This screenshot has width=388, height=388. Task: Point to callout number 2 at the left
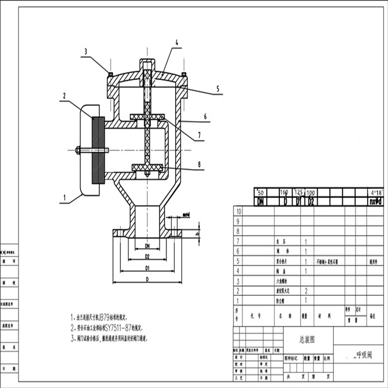click(64, 96)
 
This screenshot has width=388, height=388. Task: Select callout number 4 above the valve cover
click(177, 43)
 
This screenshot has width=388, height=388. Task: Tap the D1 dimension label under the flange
click(147, 268)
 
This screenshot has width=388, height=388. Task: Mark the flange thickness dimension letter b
click(196, 234)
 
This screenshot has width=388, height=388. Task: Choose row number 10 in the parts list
click(238, 212)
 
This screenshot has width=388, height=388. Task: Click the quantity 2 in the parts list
click(306, 291)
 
